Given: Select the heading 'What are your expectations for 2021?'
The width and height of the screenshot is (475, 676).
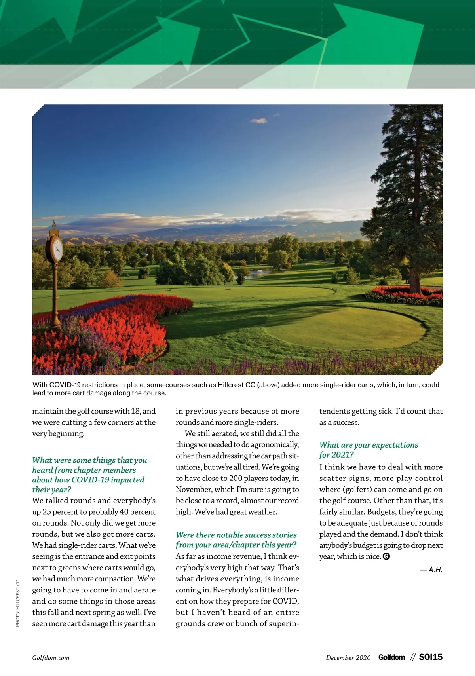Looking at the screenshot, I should (369, 450).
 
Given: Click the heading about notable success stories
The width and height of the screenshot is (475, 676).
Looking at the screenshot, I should (236, 540).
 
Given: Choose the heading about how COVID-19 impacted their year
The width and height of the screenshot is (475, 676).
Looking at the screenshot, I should (89, 475).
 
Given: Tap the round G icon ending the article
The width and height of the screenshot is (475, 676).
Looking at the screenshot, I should (386, 556).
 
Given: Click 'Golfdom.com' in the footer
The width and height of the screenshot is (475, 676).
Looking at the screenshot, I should (51, 658).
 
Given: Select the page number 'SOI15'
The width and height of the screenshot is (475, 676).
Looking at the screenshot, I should (431, 657).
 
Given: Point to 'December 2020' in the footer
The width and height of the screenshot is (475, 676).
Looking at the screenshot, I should (348, 658).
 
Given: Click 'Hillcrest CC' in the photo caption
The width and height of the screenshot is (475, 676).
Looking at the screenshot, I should (236, 385).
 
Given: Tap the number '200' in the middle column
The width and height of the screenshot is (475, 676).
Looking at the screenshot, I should (236, 478).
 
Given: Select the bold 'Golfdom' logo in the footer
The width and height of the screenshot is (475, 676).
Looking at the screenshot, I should (391, 657).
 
